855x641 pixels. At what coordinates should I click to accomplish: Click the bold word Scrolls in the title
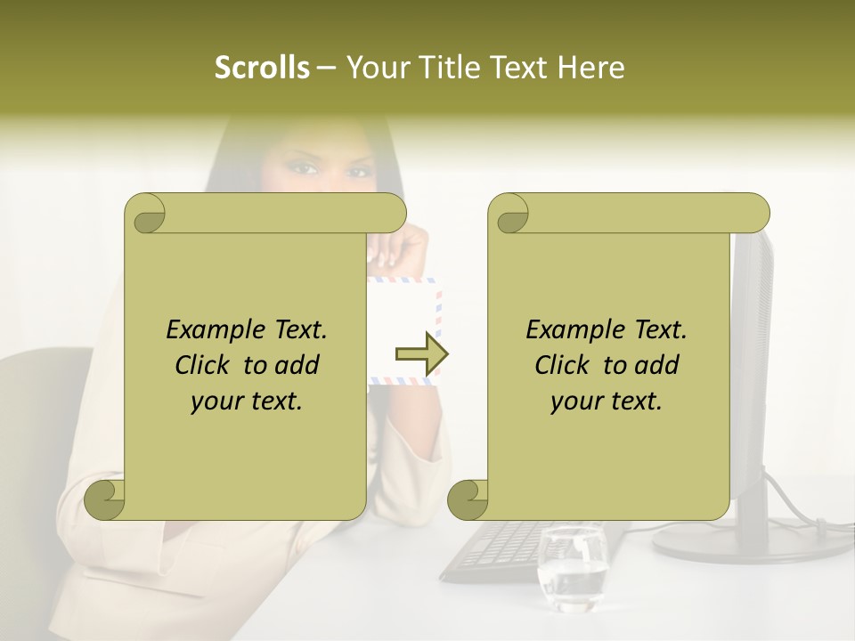[262, 68]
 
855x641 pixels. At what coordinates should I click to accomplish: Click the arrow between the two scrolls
[421, 354]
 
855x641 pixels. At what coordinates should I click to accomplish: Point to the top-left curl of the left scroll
[145, 215]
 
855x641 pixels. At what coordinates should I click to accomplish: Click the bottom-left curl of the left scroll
[105, 501]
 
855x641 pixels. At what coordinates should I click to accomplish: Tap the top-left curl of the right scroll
[511, 215]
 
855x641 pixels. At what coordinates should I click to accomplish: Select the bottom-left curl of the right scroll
[468, 501]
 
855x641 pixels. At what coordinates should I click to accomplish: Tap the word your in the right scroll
[574, 401]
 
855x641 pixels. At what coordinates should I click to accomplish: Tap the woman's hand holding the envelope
[392, 249]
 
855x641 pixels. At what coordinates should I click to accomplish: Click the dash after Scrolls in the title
[326, 68]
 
